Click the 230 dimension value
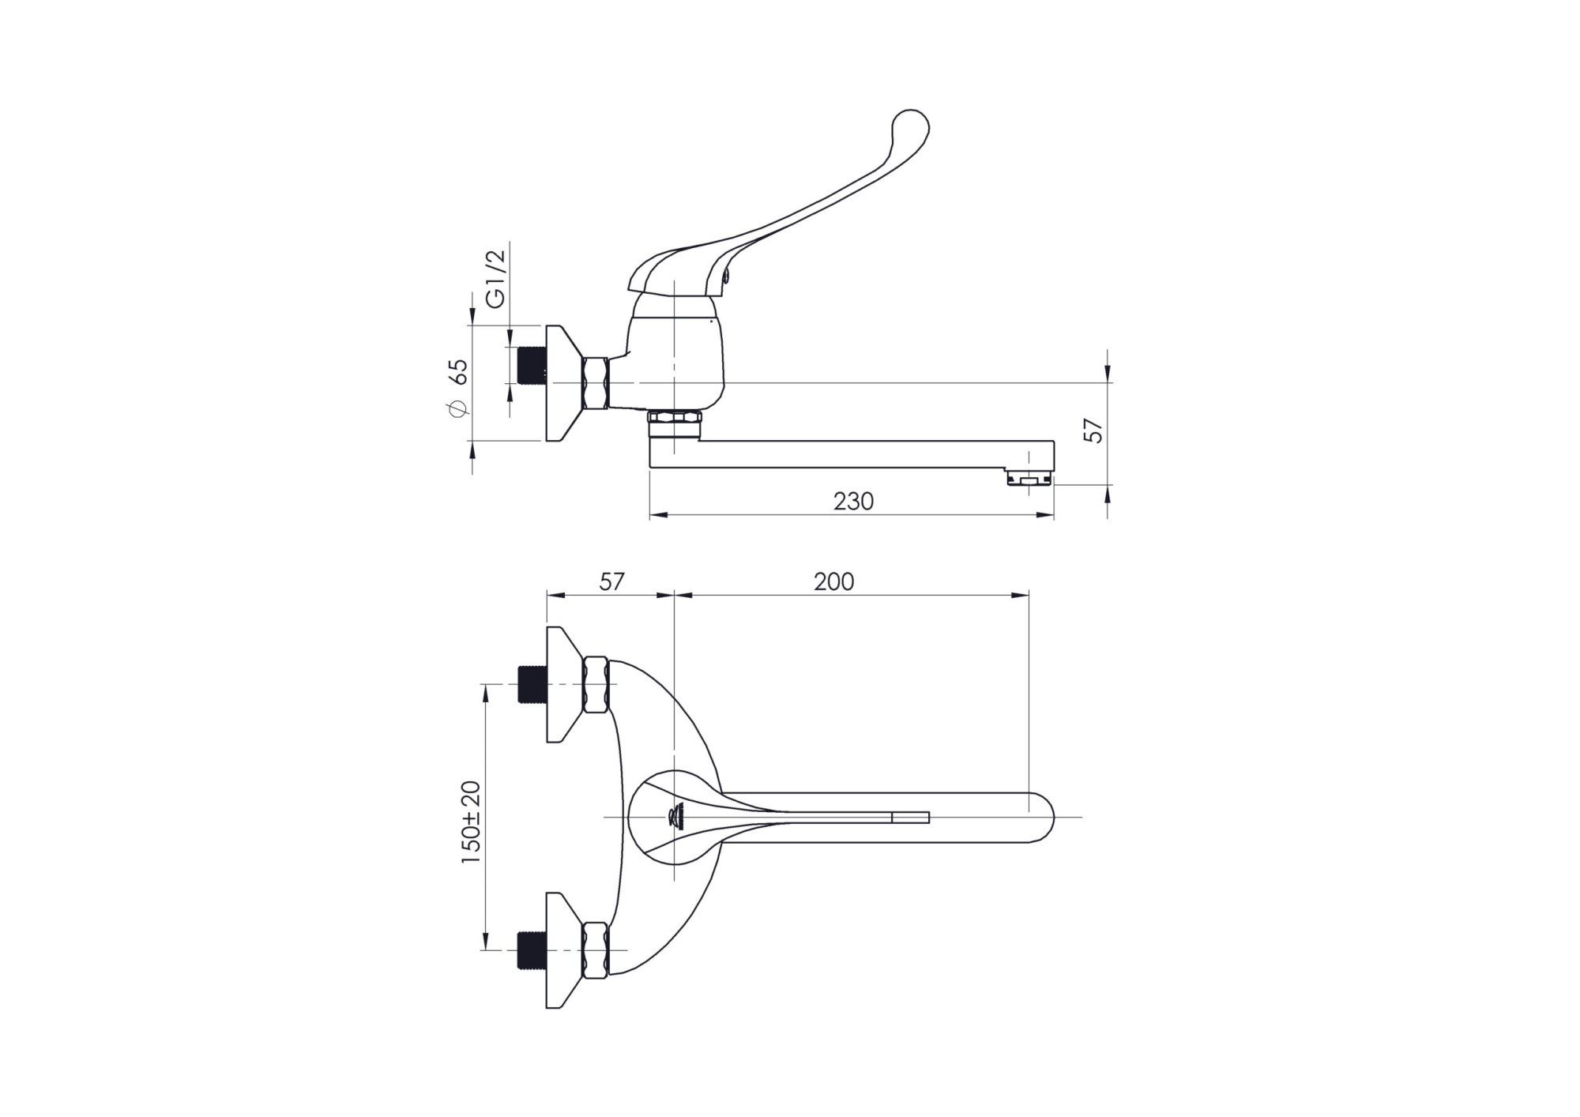click(853, 502)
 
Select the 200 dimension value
click(834, 582)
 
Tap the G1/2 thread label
click(495, 279)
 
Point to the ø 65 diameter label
click(459, 387)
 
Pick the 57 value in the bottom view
click(611, 582)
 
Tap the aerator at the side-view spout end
click(1029, 477)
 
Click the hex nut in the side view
click(595, 383)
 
